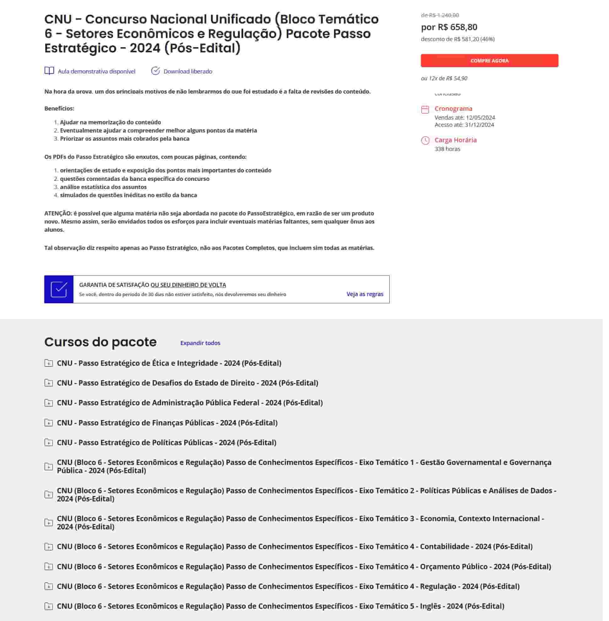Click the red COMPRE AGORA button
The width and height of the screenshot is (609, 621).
489,61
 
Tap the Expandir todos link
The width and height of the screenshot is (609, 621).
200,343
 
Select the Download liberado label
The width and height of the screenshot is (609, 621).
188,71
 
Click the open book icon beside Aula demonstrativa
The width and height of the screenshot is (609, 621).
49,71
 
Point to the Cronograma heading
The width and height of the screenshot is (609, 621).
453,108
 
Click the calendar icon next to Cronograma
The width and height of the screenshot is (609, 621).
425,110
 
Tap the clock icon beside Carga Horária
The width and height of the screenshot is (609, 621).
425,140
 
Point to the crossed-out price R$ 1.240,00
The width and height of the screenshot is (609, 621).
440,15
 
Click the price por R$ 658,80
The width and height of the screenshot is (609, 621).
449,27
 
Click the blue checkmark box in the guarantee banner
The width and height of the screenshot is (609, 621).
59,289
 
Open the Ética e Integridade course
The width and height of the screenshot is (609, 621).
169,363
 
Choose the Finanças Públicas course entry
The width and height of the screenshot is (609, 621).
167,423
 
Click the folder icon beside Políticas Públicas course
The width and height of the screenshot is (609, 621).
49,442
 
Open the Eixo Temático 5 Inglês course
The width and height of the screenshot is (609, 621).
280,606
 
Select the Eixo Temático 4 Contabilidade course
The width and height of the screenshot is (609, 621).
294,547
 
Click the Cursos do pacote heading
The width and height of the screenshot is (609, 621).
100,342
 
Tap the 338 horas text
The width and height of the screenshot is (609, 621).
447,149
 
